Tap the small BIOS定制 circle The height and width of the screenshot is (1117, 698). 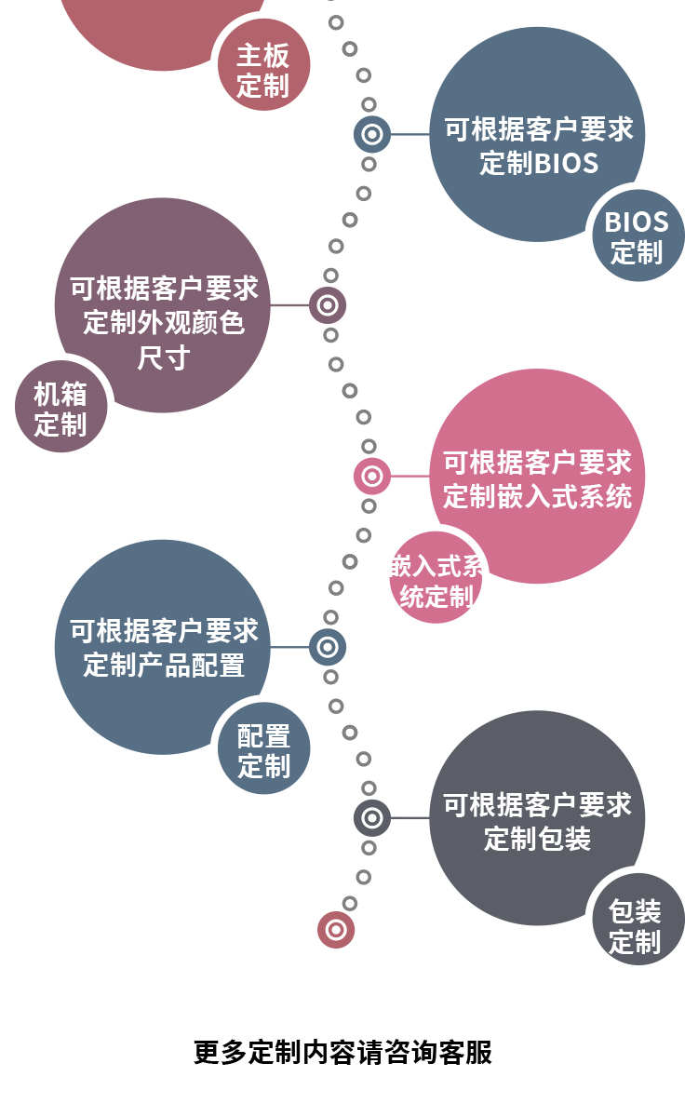tap(638, 236)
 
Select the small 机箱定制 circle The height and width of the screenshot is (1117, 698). tap(61, 408)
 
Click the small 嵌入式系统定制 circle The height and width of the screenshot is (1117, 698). tap(435, 579)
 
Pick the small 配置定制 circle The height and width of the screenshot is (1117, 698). tap(263, 749)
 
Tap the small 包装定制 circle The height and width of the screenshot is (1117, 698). tap(638, 921)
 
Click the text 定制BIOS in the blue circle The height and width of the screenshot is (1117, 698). tap(539, 164)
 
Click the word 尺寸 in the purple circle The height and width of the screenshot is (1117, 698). tap(164, 357)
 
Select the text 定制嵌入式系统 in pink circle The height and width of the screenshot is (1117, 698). tap(537, 495)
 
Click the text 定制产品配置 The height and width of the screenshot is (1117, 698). tap(164, 665)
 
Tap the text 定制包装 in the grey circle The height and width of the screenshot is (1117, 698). tap(537, 838)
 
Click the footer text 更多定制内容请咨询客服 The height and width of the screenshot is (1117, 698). tap(342, 1052)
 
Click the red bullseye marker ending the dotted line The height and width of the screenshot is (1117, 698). tap(336, 930)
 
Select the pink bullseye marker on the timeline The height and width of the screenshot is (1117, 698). tap(372, 477)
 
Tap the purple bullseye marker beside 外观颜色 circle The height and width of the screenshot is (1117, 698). tap(328, 305)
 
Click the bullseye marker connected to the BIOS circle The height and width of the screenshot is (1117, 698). tap(372, 134)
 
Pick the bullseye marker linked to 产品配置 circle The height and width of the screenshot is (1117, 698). tap(328, 647)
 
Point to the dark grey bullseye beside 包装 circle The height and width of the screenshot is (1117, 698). tap(372, 818)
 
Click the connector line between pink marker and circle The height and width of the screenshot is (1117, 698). tap(409, 477)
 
